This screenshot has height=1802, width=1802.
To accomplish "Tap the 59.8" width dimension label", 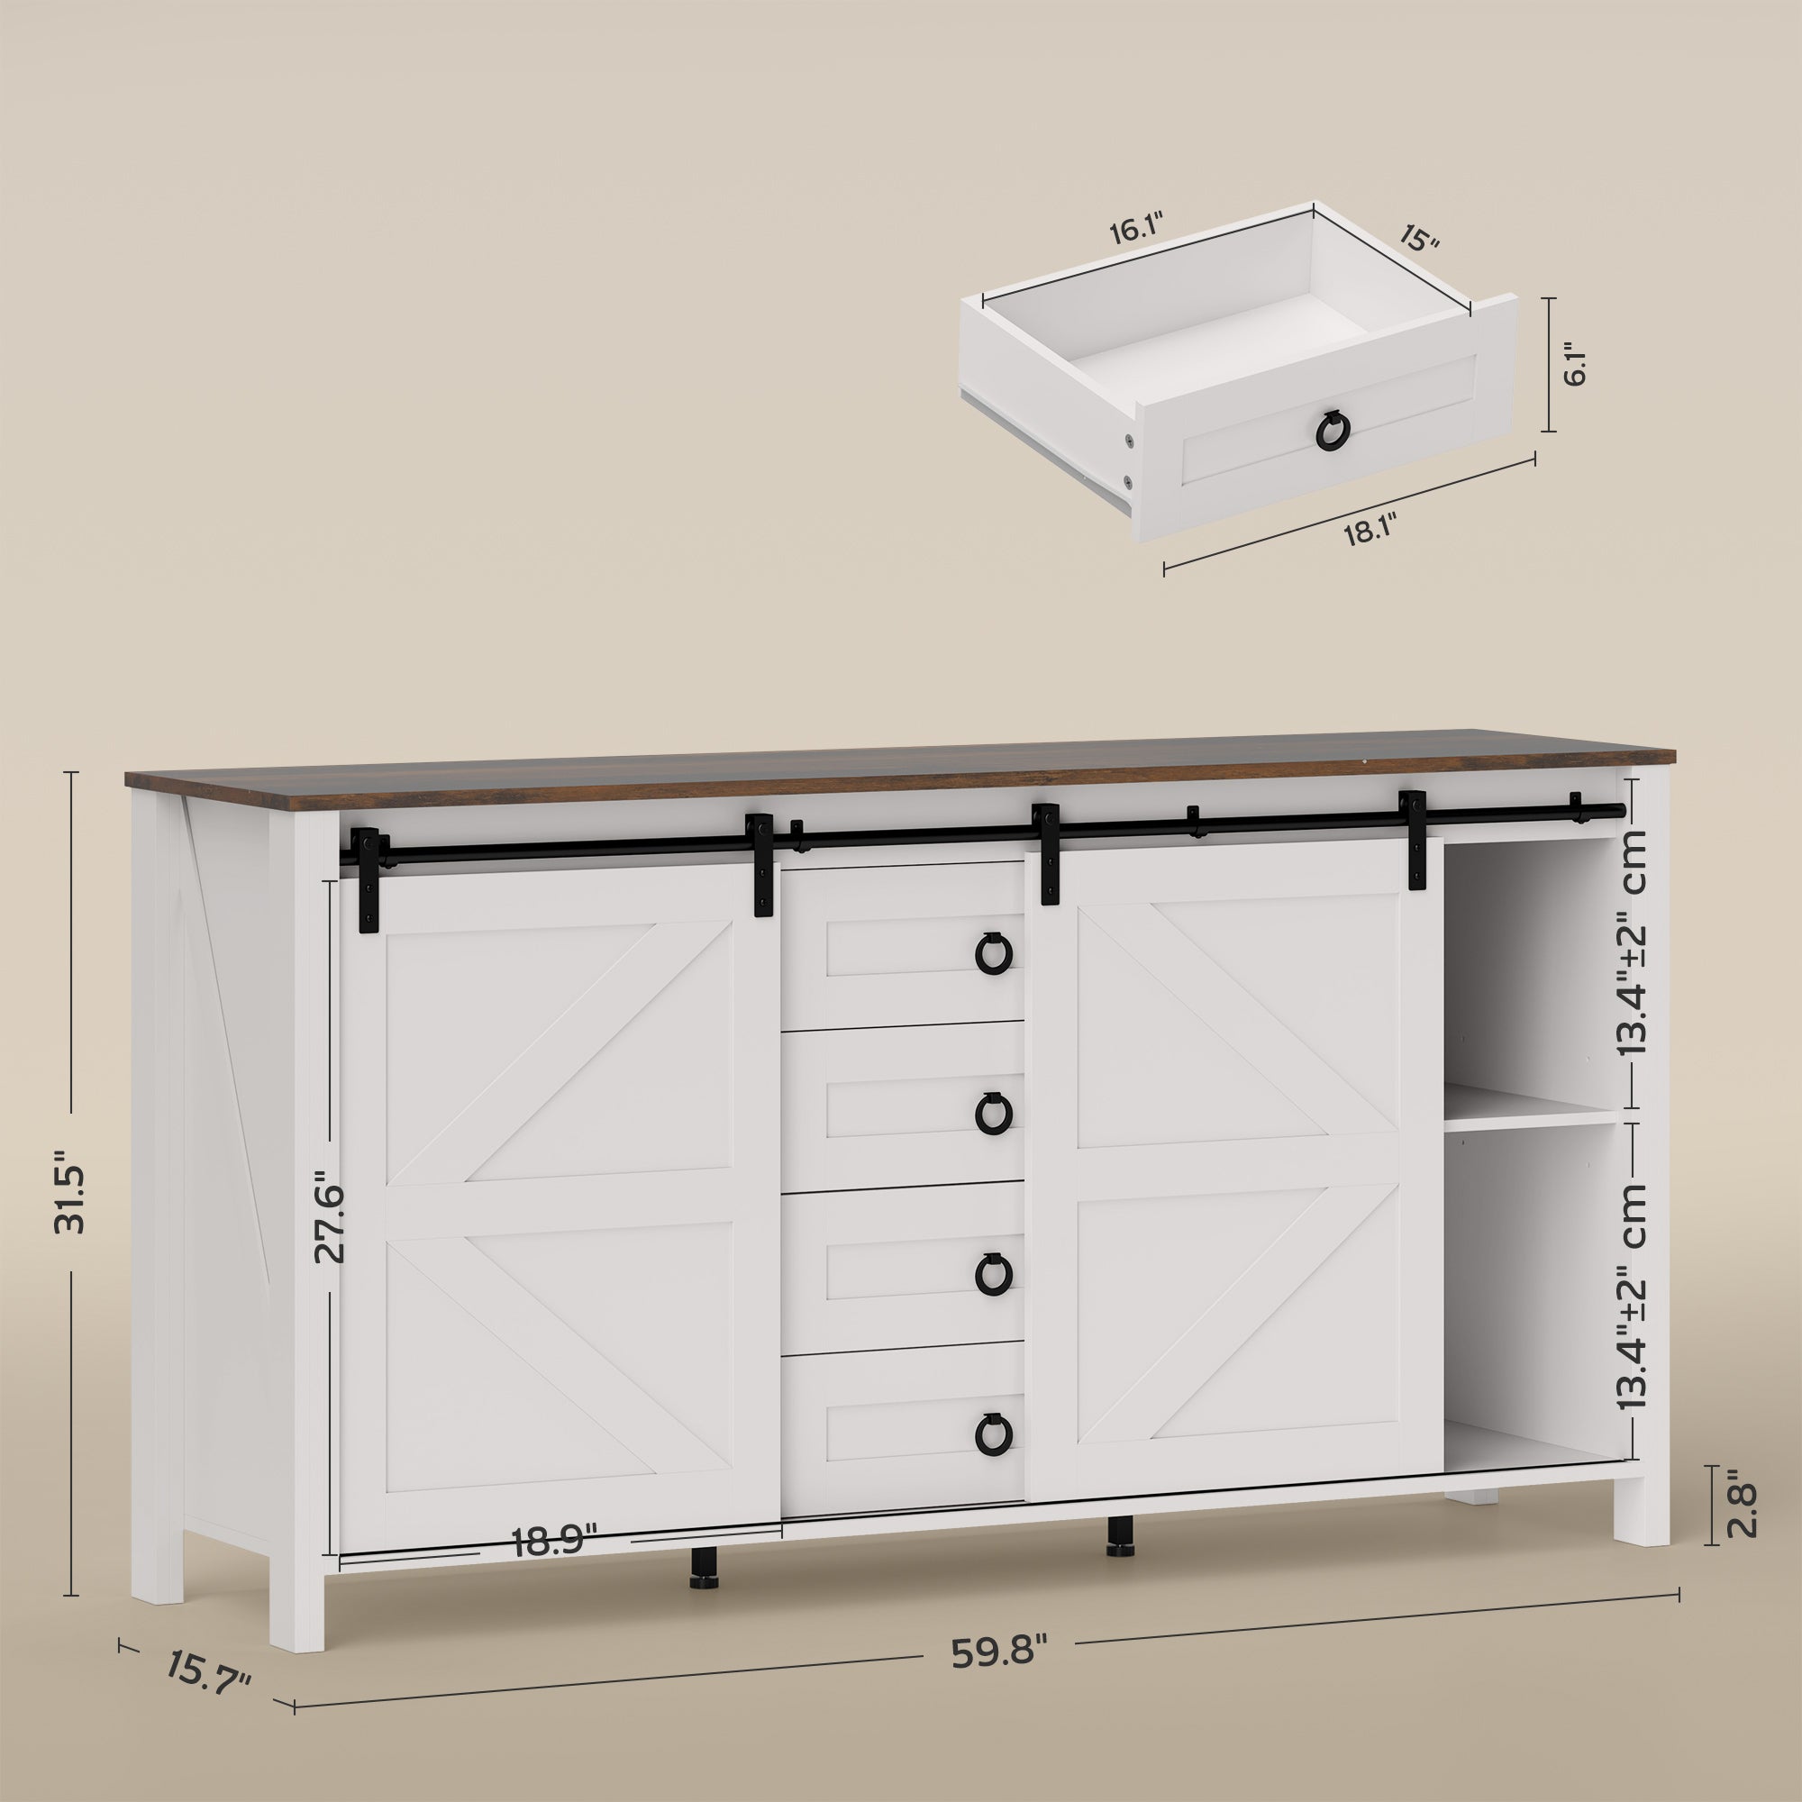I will click(x=1000, y=1652).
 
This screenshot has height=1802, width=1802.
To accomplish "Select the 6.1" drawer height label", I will click(x=1573, y=365).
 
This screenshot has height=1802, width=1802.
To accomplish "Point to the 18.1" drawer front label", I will click(x=1369, y=534).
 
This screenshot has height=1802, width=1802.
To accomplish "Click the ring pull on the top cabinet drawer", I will click(x=992, y=953).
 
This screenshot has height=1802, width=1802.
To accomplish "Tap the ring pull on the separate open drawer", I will click(x=1332, y=428).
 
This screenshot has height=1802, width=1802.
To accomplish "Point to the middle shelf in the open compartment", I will click(x=1530, y=1115).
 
